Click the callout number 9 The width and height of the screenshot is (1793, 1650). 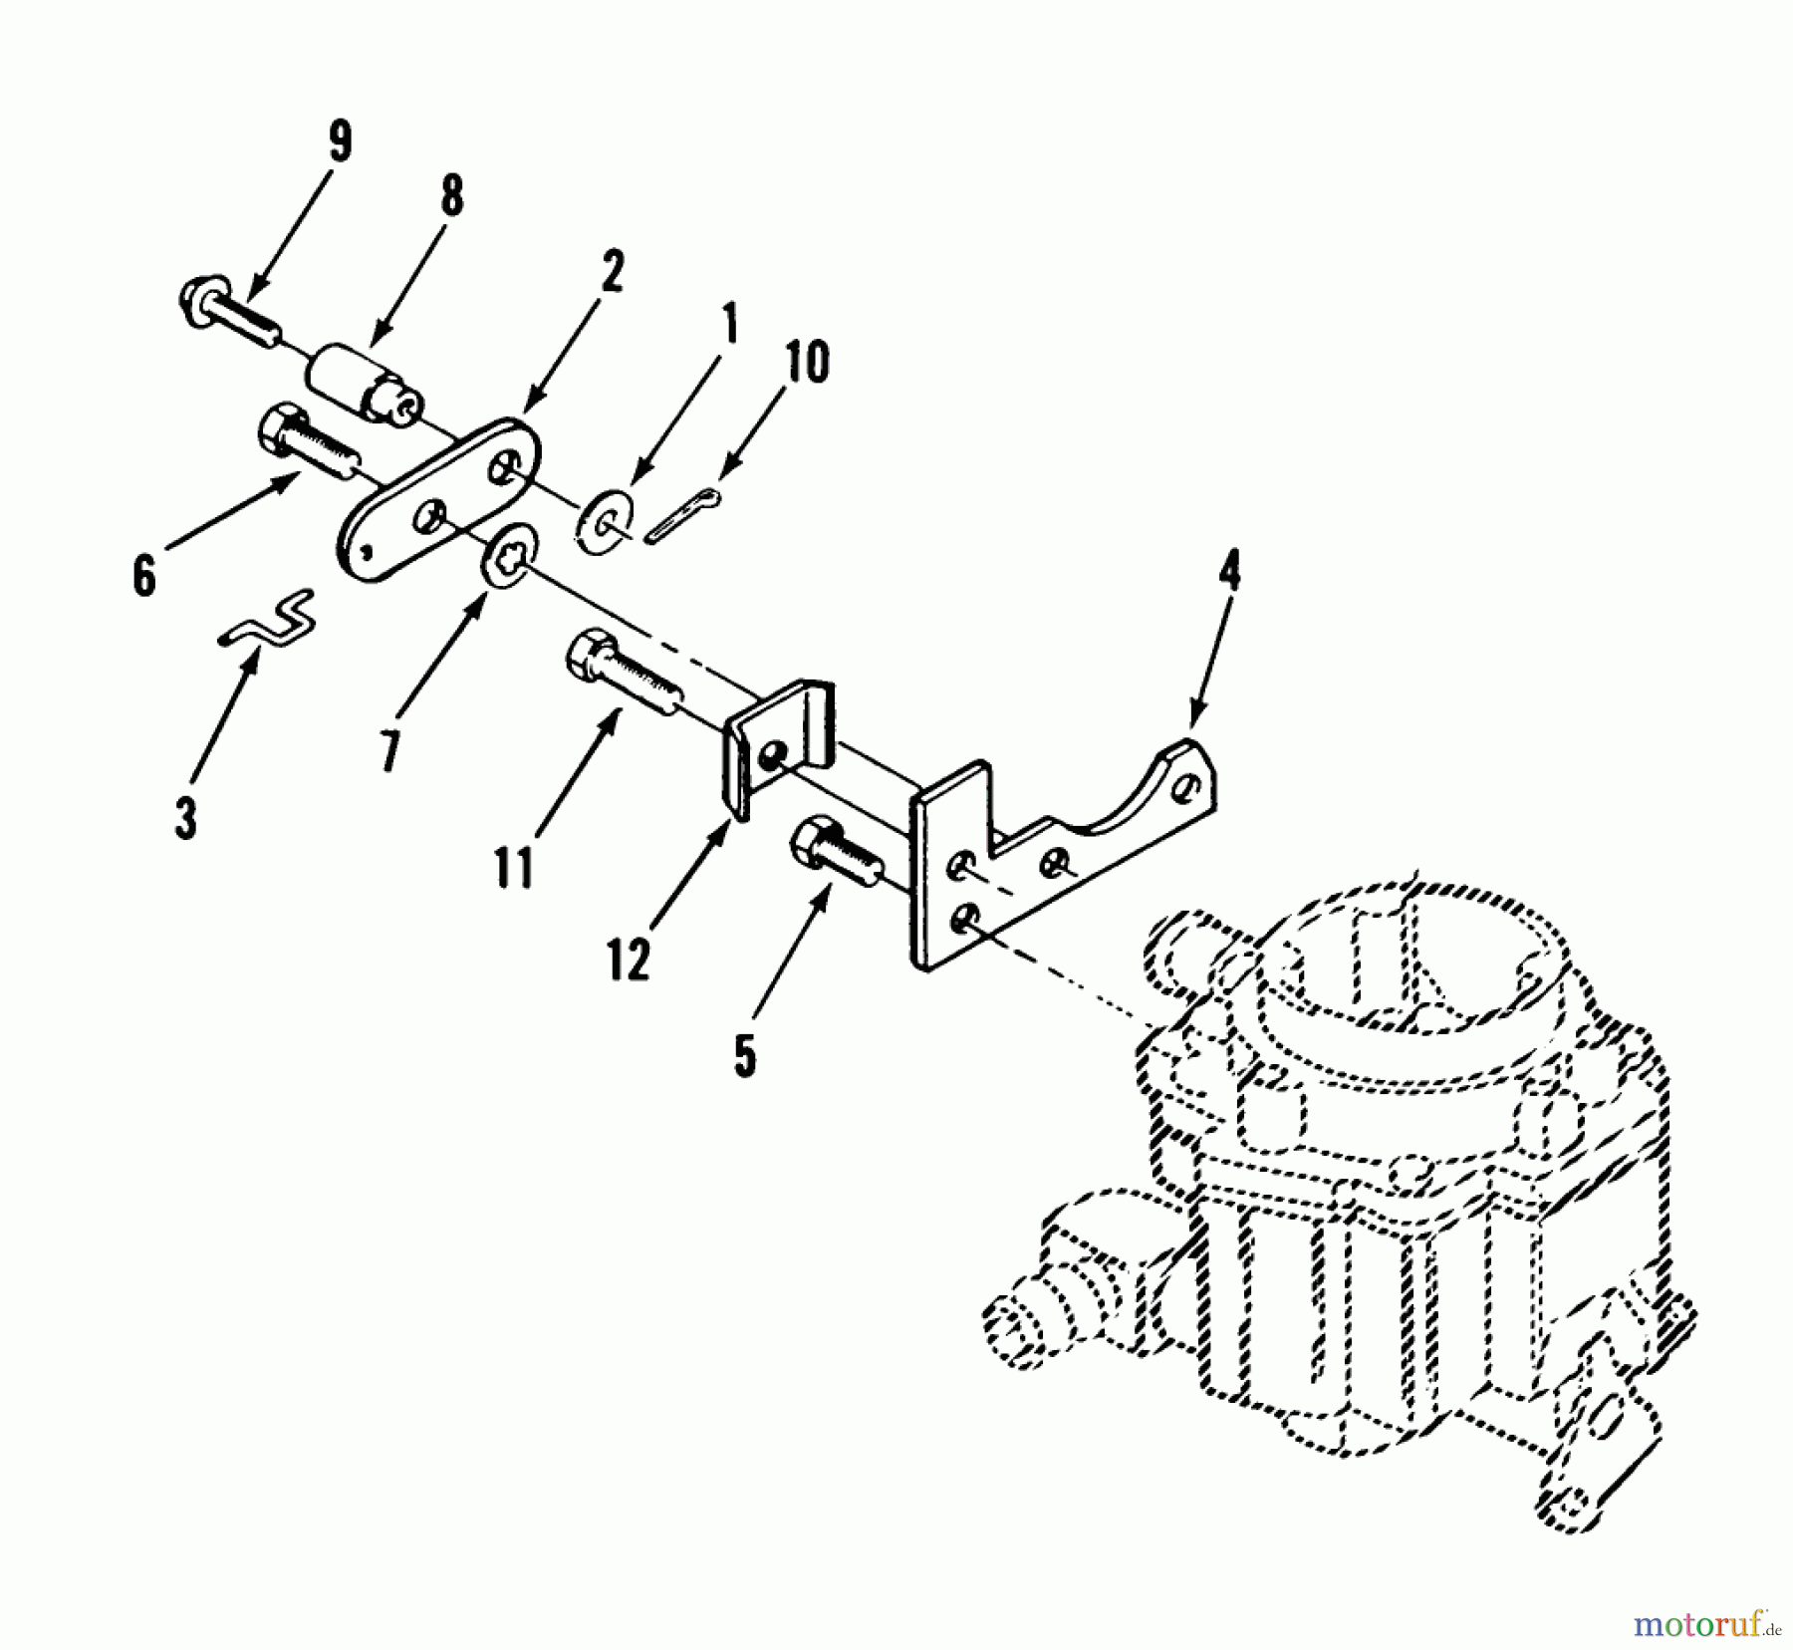(340, 142)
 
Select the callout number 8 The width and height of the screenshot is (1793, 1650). (452, 196)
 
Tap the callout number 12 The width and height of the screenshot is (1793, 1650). (629, 959)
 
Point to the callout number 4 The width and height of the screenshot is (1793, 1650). (1231, 573)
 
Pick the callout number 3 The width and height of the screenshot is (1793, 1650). (185, 817)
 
